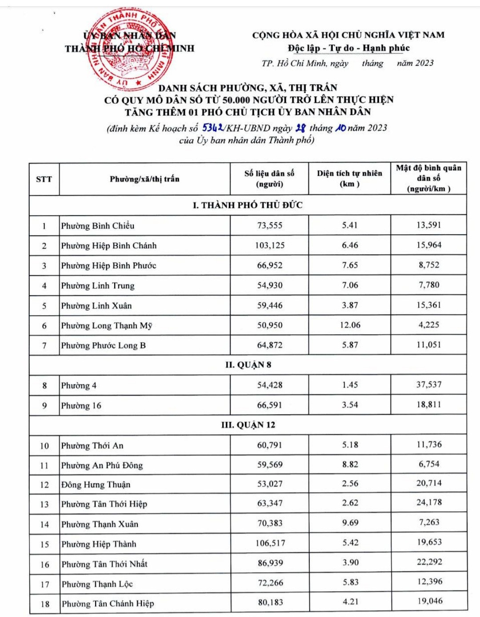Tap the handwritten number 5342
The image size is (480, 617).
[x=213, y=128]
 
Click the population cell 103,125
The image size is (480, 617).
[x=270, y=245]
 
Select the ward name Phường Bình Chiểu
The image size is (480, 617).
[x=98, y=226]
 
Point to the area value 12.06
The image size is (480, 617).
[x=350, y=325]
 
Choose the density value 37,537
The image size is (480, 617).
[x=429, y=385]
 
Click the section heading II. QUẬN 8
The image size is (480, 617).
[x=248, y=365]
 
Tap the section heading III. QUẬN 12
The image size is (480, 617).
[x=248, y=425]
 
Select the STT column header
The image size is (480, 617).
[x=44, y=179]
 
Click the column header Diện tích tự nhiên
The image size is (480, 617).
[x=349, y=178]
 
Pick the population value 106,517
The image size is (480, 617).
[x=270, y=543]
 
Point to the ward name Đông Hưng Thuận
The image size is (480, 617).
[x=96, y=485]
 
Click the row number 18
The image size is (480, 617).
[x=45, y=604]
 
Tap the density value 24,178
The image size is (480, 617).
[x=429, y=502]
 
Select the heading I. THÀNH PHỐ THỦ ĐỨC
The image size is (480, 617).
[x=248, y=205]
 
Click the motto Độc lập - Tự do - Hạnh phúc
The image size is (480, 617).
[x=348, y=48]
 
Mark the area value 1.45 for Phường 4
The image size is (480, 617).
[x=350, y=385]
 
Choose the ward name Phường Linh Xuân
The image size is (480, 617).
[x=96, y=306]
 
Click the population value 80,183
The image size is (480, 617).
[x=270, y=603]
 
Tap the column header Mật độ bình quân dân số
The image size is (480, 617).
[x=428, y=178]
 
